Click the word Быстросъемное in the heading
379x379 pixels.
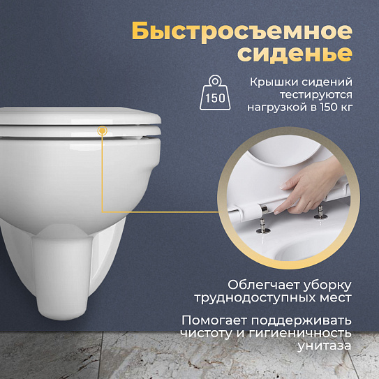(241, 32)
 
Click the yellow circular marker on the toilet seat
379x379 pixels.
(103, 130)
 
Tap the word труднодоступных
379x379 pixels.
(272, 299)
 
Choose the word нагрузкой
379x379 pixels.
(277, 108)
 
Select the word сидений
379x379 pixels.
(328, 82)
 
